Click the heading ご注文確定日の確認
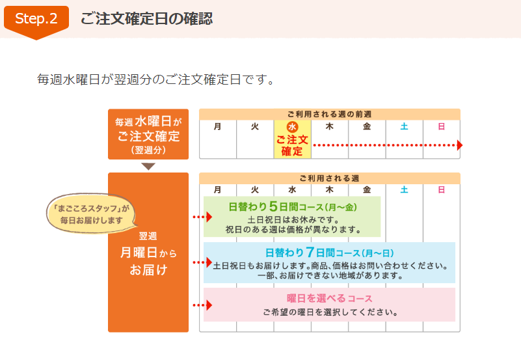click(x=146, y=19)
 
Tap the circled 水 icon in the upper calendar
click(x=292, y=127)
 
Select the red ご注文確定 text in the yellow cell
click(x=292, y=145)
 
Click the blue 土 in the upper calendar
click(x=404, y=126)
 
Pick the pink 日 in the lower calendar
click(x=441, y=189)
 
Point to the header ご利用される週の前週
click(x=329, y=115)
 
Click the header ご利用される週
click(x=329, y=178)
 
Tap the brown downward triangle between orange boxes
click(x=148, y=166)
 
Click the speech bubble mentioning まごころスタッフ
click(x=91, y=214)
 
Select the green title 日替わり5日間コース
click(x=293, y=207)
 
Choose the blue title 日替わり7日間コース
click(x=329, y=253)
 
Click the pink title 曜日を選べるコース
click(x=329, y=299)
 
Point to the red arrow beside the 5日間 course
click(x=202, y=217)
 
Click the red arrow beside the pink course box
click(x=202, y=305)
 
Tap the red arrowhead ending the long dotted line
click(x=460, y=145)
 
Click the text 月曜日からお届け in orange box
click(x=148, y=261)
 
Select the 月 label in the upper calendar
click(x=217, y=126)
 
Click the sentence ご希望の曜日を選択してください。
click(x=330, y=312)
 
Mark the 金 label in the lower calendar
click(x=367, y=189)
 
